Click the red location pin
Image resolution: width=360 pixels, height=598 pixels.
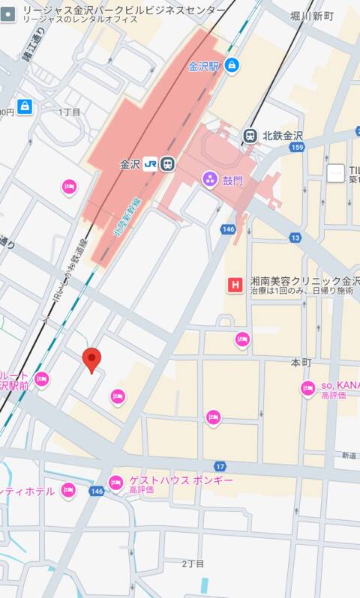tap(91, 360)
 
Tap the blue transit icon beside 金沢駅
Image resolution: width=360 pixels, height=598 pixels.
tap(231, 66)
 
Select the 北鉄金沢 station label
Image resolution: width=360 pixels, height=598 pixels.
tap(282, 136)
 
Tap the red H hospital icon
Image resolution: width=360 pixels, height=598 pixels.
tap(235, 285)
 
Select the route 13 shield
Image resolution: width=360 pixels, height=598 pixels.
tap(295, 238)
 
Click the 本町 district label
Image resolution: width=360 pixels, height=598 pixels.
tap(301, 363)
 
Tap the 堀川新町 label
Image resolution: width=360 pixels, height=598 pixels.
tap(313, 16)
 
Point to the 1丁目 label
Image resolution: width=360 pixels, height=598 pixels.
tap(69, 112)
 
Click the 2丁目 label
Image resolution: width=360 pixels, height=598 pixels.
tap(193, 563)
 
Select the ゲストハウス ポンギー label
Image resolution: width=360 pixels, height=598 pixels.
tap(181, 480)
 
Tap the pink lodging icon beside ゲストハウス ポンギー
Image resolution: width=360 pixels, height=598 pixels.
tap(115, 483)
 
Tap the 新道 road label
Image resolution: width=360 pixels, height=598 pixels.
tap(349, 456)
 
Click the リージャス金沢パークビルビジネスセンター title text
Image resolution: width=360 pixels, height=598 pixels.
tap(124, 10)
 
